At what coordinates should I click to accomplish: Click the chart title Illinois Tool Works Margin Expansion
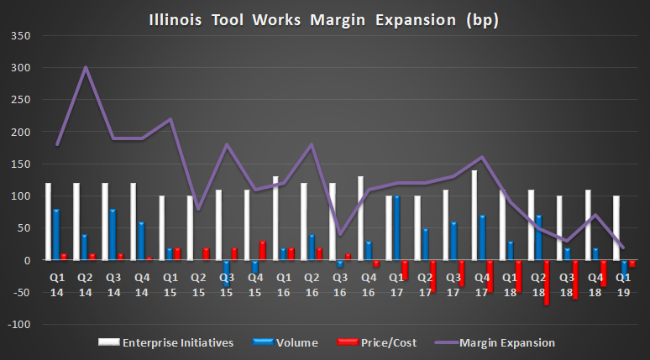pos(324,19)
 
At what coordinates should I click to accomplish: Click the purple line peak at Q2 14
pos(86,68)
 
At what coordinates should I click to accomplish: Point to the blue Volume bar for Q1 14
pos(56,235)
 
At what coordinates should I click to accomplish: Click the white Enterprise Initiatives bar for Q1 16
pos(275,218)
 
